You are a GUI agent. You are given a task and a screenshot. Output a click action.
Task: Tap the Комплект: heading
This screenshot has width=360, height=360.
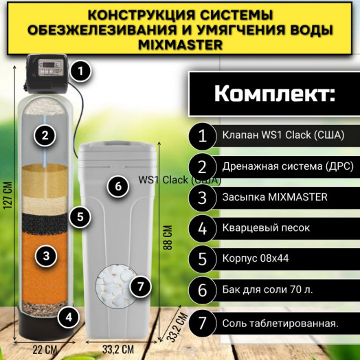[273, 94]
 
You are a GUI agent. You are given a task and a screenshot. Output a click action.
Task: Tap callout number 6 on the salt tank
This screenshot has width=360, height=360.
[117, 186]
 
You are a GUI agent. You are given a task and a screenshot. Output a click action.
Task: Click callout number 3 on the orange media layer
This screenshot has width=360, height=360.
[46, 256]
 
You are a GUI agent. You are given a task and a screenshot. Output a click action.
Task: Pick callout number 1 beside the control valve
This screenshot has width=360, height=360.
[81, 69]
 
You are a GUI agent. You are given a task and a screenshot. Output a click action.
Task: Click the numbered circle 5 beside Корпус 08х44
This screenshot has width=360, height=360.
[203, 260]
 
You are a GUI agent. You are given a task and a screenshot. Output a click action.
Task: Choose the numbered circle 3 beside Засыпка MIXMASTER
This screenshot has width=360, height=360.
[203, 198]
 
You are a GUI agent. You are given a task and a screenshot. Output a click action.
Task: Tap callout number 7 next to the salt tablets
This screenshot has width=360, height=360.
[139, 286]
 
